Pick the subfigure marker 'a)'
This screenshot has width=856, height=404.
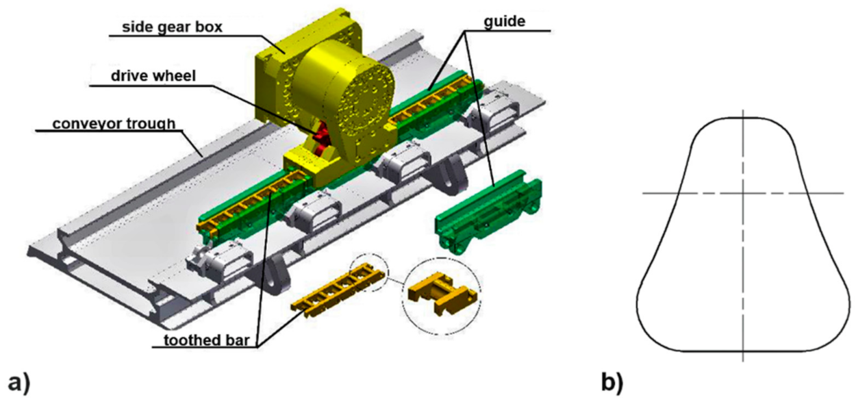(20, 382)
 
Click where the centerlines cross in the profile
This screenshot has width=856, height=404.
(743, 193)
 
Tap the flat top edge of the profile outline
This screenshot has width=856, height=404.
(743, 118)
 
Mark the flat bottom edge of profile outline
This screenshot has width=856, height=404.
(743, 352)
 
